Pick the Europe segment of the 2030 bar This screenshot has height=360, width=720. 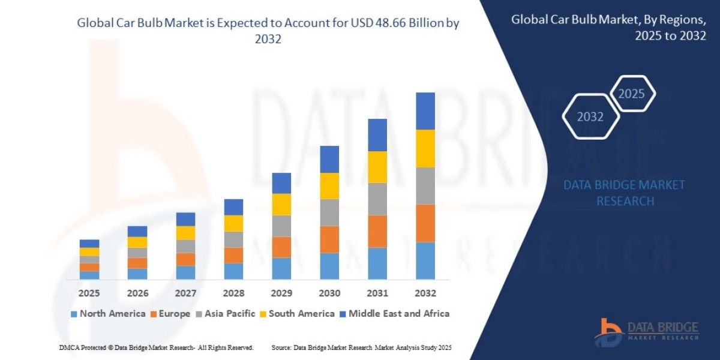pos(329,239)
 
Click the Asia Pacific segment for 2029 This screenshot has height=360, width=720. pos(281,226)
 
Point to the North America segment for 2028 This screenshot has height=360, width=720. pos(233,271)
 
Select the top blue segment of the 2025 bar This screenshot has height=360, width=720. pos(89,244)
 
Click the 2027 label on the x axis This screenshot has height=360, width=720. pos(185,293)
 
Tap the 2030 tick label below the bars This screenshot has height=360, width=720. pos(329,293)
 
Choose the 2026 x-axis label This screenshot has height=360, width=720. pos(137,293)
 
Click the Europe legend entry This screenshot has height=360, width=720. pos(170,313)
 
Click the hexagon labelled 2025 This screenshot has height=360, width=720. pos(631,94)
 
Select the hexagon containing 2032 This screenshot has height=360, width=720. pos(590,116)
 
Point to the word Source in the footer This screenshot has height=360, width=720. pos(281,347)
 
